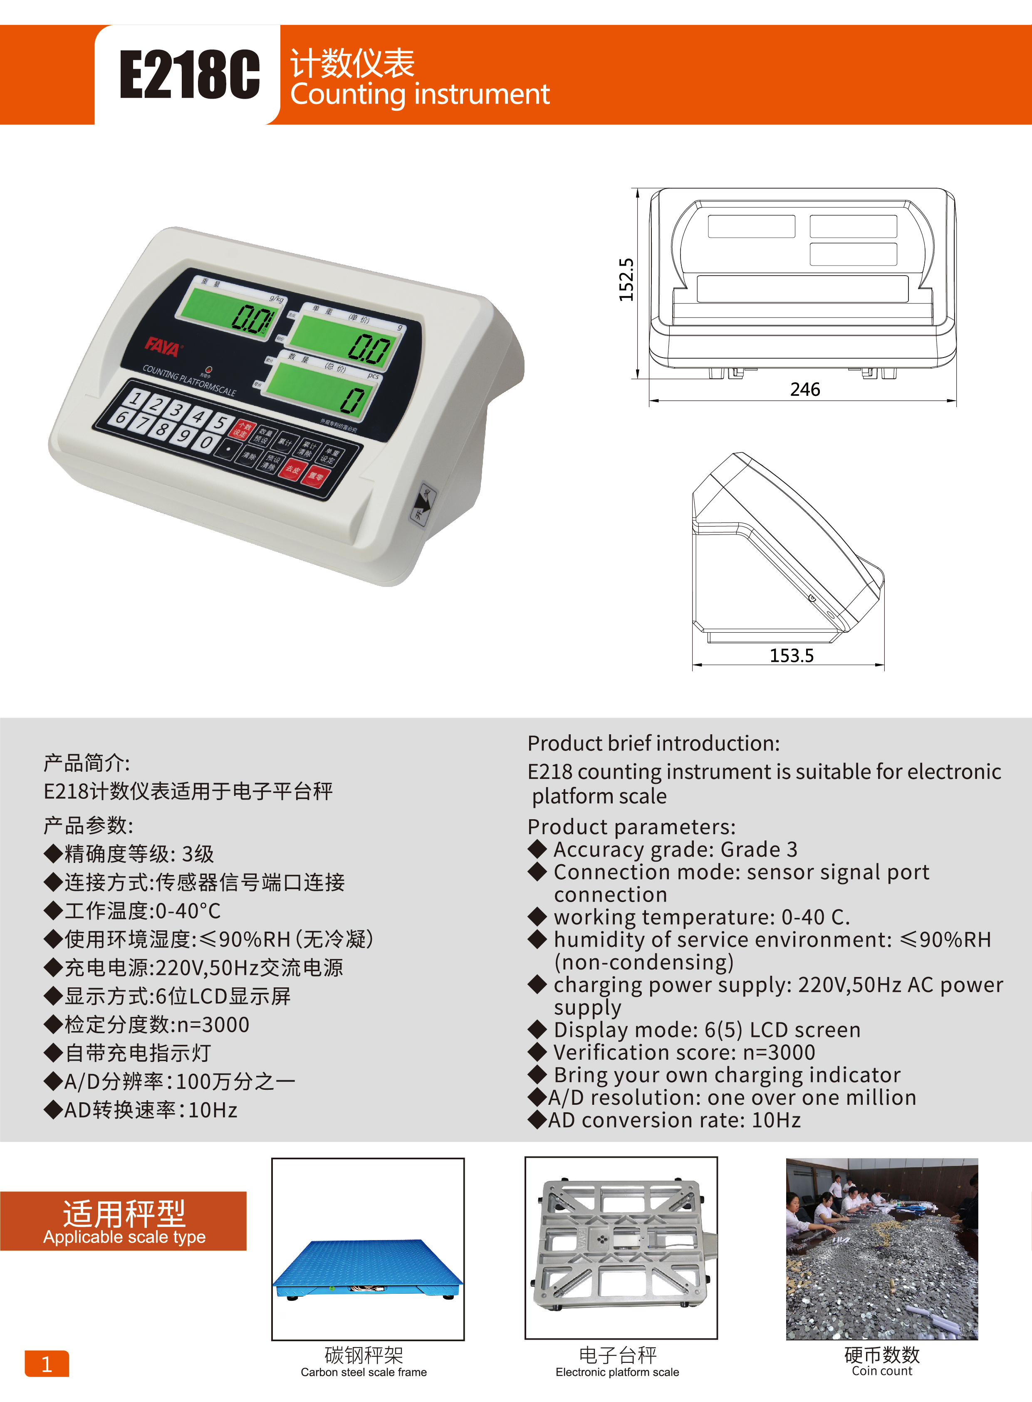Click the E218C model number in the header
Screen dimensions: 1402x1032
pyautogui.click(x=189, y=75)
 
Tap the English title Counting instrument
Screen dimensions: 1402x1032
pyautogui.click(x=420, y=94)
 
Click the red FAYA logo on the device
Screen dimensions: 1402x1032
pyautogui.click(x=162, y=347)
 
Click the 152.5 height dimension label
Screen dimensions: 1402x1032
pyautogui.click(x=626, y=279)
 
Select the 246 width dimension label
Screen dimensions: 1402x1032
pyautogui.click(x=804, y=389)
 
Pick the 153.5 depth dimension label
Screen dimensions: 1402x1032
pyautogui.click(x=792, y=656)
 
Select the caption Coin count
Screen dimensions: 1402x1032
pyautogui.click(x=881, y=1371)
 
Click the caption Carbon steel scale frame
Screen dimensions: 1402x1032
pyautogui.click(x=364, y=1372)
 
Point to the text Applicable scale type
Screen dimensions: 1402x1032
pyautogui.click(x=124, y=1237)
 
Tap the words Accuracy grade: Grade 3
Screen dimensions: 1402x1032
pyautogui.click(x=675, y=850)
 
